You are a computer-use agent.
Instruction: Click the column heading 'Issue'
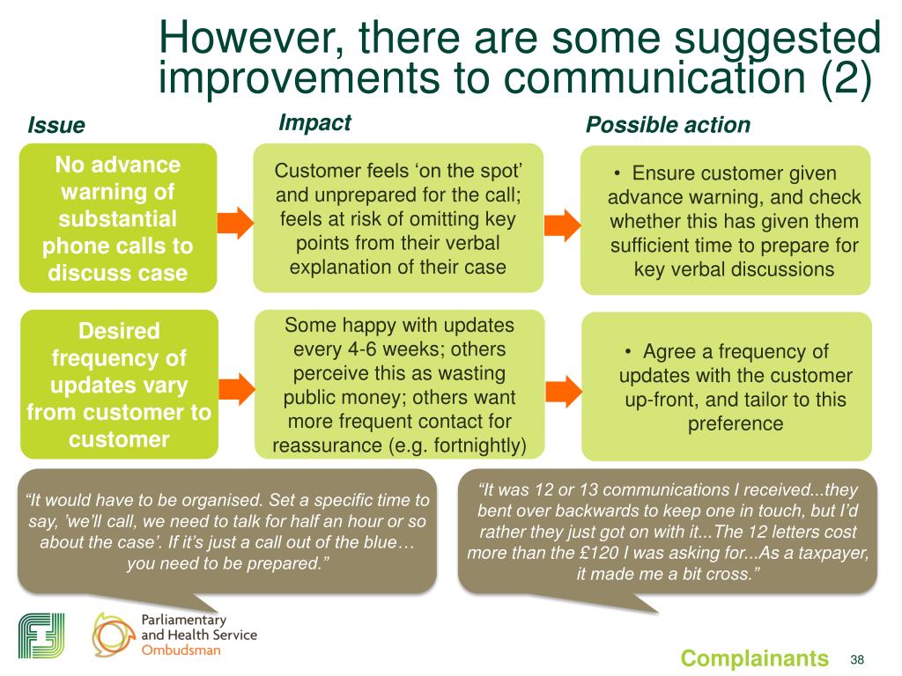coord(56,125)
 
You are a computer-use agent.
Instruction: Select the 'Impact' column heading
coord(314,122)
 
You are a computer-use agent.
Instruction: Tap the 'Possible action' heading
coord(668,125)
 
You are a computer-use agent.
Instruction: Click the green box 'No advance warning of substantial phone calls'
coord(117,218)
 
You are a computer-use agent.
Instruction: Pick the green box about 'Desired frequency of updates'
coord(117,385)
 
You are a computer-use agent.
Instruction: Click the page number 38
coord(857,659)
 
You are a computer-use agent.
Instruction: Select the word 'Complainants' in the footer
coord(755,658)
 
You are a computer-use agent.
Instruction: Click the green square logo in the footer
coord(41,634)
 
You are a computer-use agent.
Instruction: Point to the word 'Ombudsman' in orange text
coord(182,652)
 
